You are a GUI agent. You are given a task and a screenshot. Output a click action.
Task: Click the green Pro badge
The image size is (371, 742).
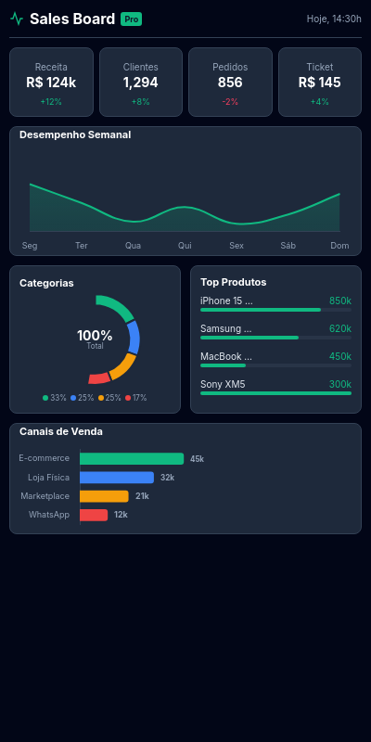[x=131, y=19]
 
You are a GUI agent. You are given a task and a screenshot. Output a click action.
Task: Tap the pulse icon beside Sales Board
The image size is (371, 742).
[x=17, y=19]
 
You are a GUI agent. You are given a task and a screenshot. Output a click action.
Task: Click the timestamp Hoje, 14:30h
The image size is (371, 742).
[x=334, y=19]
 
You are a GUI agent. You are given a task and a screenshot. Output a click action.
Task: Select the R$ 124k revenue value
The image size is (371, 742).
[x=51, y=83]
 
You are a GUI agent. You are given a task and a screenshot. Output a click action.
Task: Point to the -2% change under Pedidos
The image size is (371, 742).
[x=230, y=102]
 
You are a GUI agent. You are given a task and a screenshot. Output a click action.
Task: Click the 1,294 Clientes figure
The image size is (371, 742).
[x=141, y=83]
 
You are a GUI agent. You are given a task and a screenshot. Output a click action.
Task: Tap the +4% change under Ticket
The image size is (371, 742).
[x=319, y=102]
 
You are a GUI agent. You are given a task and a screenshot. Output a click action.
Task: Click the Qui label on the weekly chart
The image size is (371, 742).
[x=185, y=246]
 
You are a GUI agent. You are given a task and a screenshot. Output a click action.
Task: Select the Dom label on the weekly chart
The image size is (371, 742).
[x=339, y=246]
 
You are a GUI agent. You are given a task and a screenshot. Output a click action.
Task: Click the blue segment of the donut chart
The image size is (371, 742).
[x=134, y=337]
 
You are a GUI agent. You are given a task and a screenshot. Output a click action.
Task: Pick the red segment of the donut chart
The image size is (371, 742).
[x=99, y=378]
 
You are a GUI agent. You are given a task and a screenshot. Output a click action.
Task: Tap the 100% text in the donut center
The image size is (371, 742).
[x=95, y=336]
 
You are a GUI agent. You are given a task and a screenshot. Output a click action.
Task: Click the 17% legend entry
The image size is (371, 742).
[x=135, y=398]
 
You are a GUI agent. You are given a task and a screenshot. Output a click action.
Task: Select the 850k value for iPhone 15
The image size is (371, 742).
[x=340, y=301]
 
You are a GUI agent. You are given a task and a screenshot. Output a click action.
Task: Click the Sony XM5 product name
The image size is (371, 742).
[x=223, y=384]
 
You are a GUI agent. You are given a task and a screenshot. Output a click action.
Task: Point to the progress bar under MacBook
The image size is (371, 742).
[x=275, y=365]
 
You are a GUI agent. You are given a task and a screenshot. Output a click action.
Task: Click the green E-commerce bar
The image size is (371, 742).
[x=132, y=459]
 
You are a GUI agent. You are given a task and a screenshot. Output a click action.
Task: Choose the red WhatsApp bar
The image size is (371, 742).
[x=94, y=515]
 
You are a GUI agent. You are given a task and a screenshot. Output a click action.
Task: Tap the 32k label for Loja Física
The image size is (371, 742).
[x=168, y=478]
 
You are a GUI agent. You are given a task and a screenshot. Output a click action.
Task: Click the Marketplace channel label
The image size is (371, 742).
[x=45, y=496]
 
